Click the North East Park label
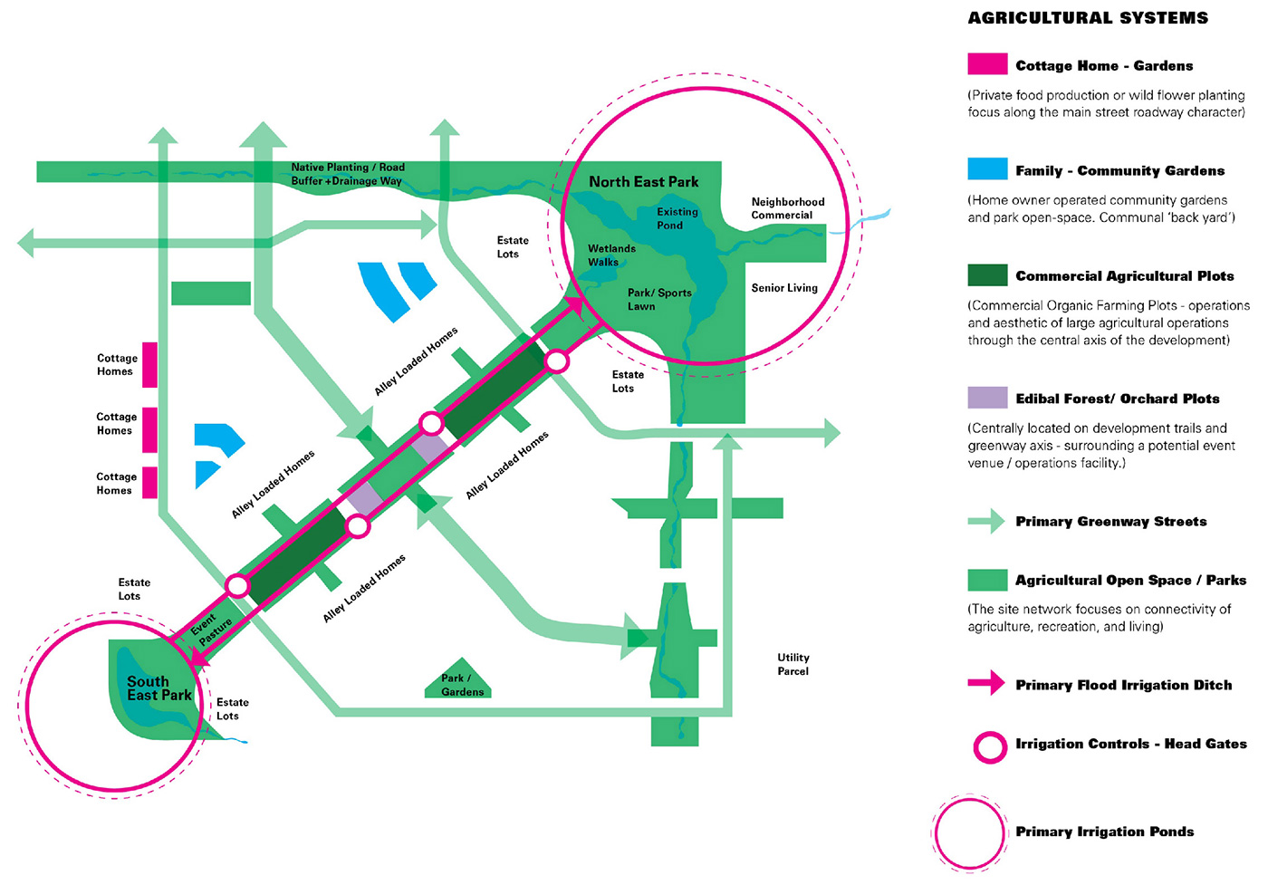click(643, 182)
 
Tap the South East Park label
click(158, 688)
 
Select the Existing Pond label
click(677, 218)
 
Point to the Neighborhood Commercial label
click(787, 208)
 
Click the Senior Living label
click(783, 288)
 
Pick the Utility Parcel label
click(792, 664)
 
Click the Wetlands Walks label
click(611, 255)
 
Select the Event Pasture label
click(210, 626)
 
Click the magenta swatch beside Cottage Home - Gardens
click(986, 64)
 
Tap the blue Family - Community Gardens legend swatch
click(986, 169)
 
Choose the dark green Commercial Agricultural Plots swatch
click(986, 274)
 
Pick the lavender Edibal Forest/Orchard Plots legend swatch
click(986, 398)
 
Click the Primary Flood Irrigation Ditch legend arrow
click(986, 684)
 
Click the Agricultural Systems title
click(1087, 18)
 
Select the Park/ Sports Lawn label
click(658, 300)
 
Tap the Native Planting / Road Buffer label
click(347, 174)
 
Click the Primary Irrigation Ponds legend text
click(1104, 832)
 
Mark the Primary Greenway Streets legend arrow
click(986, 521)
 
